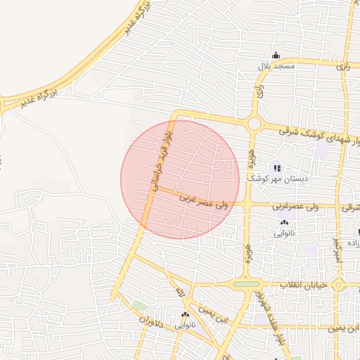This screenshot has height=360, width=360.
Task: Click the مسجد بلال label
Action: (275, 66)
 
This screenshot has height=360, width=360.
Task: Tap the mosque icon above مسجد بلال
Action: (276, 56)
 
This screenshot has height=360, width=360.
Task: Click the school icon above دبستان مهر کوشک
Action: (277, 168)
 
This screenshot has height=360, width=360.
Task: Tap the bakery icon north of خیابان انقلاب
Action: (284, 223)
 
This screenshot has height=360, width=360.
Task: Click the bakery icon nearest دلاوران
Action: (185, 315)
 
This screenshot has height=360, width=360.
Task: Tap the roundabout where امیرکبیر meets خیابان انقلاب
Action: (338, 285)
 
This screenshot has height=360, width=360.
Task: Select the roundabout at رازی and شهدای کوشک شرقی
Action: (254, 124)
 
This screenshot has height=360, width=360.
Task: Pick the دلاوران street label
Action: (150, 321)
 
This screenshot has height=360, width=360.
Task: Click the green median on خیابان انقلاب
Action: (246, 284)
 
